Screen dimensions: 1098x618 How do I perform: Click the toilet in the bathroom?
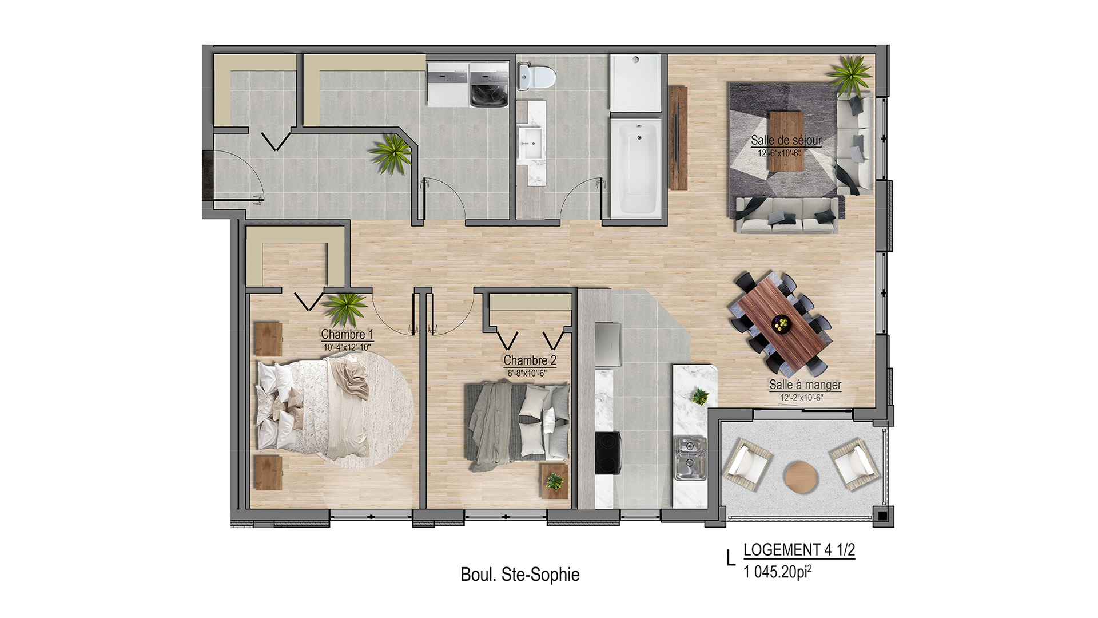click(x=536, y=76)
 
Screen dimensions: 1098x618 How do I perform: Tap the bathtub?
click(x=636, y=168)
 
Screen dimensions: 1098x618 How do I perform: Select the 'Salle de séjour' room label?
click(x=786, y=140)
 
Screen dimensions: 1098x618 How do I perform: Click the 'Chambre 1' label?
click(x=347, y=334)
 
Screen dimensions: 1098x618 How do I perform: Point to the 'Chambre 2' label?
click(x=530, y=360)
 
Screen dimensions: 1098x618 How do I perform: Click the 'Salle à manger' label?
click(x=805, y=385)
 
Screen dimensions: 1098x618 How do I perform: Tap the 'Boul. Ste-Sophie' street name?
click(x=520, y=574)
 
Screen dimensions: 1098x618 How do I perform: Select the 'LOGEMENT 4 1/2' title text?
click(x=799, y=550)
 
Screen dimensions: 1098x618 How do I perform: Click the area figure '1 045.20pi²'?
click(x=778, y=571)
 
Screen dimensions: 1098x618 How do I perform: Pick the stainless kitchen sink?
click(x=690, y=458)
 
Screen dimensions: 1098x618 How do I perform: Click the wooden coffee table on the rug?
click(x=786, y=141)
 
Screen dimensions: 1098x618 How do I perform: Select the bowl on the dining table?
click(x=781, y=324)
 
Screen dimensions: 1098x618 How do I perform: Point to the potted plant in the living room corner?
click(x=851, y=75)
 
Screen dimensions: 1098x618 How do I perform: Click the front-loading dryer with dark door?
click(x=488, y=85)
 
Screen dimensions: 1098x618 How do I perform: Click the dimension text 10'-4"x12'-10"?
click(x=347, y=347)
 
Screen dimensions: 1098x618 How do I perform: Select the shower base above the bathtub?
click(x=636, y=83)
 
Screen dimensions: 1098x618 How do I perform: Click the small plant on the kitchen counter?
click(x=699, y=395)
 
